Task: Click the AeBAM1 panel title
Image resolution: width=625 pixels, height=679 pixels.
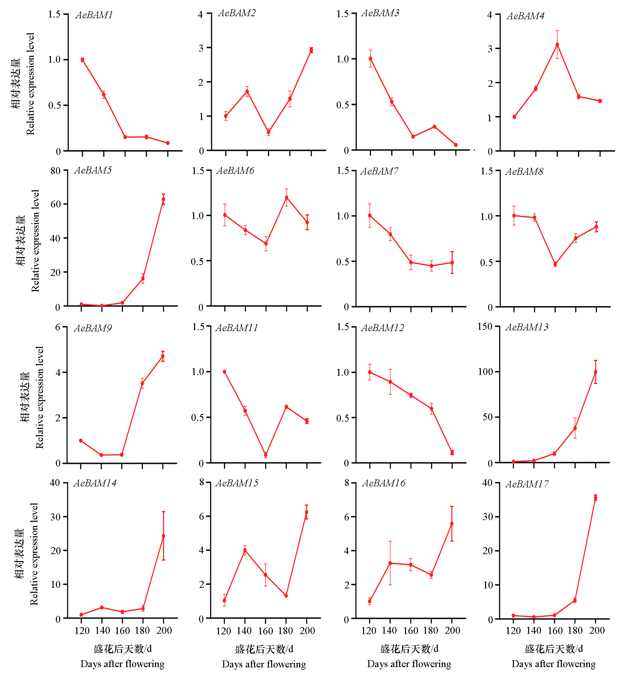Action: coord(94,15)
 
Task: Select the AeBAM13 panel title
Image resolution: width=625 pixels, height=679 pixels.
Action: coord(526,327)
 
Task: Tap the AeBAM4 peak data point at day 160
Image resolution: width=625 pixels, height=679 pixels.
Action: coord(557,45)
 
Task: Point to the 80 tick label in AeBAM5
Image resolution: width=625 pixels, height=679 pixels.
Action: coord(56,171)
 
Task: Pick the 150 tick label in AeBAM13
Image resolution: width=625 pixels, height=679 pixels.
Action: coord(484,327)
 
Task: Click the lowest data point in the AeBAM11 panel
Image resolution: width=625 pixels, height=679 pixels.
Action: coord(266,455)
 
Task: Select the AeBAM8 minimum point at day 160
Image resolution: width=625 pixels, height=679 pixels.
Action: coord(555,264)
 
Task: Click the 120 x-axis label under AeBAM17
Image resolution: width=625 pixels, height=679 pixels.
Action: coord(513,631)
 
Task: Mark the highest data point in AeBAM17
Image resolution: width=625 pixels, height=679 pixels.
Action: coord(596,498)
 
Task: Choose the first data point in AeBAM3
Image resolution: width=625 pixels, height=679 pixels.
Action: coord(370,58)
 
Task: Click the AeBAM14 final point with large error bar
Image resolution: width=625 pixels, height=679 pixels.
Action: coord(163,536)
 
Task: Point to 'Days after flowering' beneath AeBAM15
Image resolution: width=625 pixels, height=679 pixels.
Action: coord(264,664)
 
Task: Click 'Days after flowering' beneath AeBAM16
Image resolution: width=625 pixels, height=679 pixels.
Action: coord(409,664)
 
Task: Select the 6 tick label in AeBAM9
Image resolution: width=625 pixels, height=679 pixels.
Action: coord(58,327)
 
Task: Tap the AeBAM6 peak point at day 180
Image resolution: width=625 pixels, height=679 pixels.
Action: coord(286,198)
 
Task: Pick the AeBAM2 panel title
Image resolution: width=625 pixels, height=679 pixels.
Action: coord(237,13)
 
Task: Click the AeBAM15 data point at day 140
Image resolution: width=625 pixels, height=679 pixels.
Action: coord(245,550)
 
